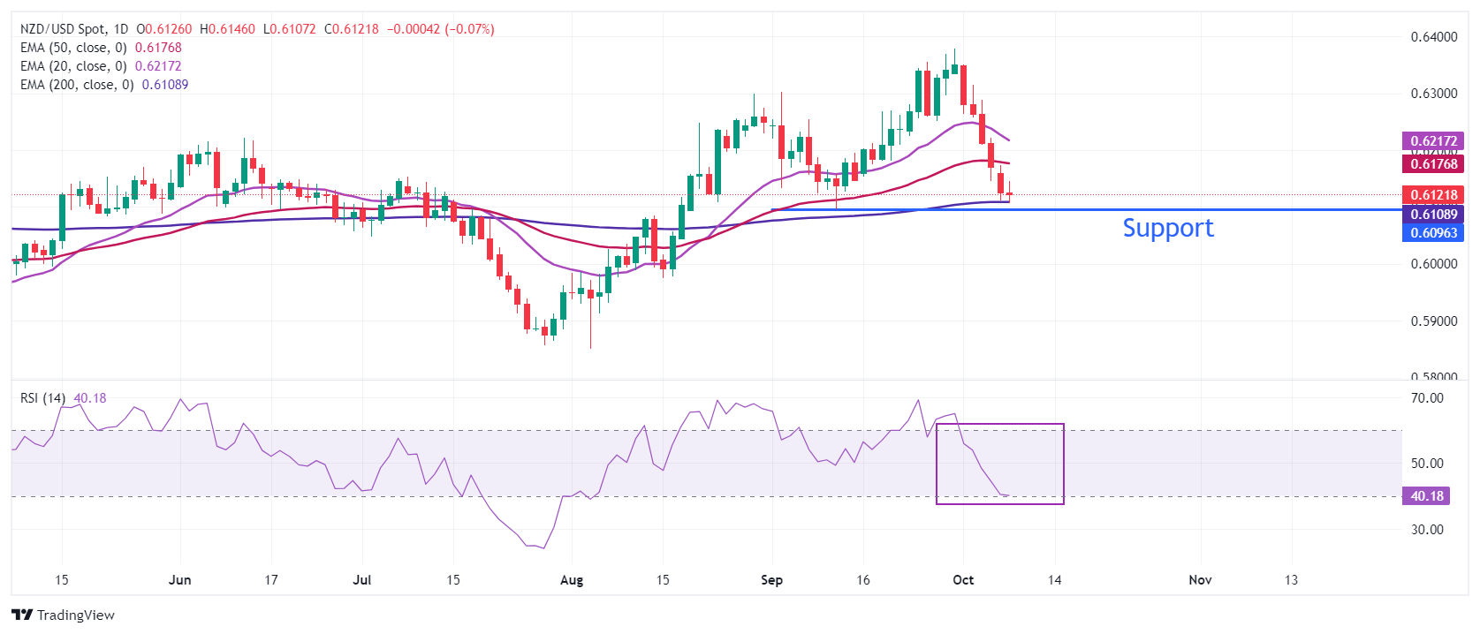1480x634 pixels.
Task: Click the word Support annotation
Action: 1167,228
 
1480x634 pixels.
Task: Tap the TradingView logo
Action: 63,615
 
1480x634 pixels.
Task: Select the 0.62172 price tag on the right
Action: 1432,140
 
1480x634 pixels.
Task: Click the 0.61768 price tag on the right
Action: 1432,163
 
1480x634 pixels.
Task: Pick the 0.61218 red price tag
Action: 1432,194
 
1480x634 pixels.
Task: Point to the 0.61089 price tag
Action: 1432,214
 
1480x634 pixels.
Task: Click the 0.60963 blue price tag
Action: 1432,233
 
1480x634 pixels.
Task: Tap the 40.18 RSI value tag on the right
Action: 1425,496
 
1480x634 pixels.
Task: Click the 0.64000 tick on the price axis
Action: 1433,37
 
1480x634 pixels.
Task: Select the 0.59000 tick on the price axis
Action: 1433,321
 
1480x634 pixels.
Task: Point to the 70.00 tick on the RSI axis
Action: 1427,398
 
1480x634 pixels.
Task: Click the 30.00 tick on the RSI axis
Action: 1427,530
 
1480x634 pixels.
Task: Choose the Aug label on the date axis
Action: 572,580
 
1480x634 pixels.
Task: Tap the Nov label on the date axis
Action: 1200,580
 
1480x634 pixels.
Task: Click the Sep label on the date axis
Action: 771,580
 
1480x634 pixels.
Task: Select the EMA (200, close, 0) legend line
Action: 103,85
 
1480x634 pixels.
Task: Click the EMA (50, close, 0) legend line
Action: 100,48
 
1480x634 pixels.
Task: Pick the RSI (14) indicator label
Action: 43,398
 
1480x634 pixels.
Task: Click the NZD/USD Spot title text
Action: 63,29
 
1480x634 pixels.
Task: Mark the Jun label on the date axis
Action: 179,580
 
